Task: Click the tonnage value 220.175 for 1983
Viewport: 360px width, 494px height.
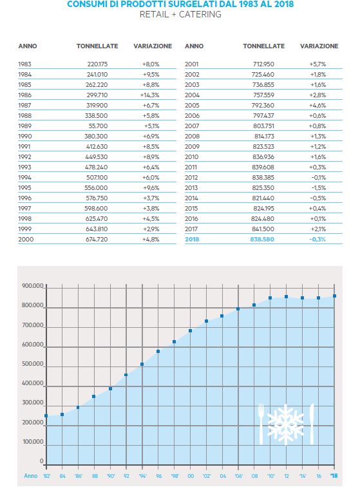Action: [x=97, y=64]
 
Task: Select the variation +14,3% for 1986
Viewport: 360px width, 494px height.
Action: [x=150, y=95]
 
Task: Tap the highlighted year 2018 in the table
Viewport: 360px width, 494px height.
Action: [x=192, y=239]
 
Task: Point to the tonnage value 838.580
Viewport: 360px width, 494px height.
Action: [x=262, y=239]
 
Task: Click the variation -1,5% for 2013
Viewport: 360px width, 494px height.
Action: [x=319, y=188]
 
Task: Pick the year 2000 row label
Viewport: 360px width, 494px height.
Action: [x=26, y=239]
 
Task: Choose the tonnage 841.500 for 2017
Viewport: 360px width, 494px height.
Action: [x=263, y=229]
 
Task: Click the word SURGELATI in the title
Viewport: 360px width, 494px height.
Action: [x=194, y=5]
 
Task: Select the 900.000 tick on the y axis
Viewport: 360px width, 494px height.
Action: [x=33, y=286]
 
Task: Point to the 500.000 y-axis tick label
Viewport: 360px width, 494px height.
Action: [x=33, y=364]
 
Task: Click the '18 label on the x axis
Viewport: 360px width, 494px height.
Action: [x=334, y=476]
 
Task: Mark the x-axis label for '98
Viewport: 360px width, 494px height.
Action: [x=175, y=476]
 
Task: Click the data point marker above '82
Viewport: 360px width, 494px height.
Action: [x=46, y=416]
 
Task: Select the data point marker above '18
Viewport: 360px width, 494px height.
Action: [x=334, y=296]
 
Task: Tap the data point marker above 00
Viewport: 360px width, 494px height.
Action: [x=190, y=331]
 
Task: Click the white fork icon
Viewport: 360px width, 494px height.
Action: [x=261, y=424]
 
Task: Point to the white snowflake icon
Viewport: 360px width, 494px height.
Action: [x=285, y=424]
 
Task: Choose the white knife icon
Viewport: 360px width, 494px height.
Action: [x=312, y=424]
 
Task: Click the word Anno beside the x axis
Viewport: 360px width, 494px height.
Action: [x=31, y=476]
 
